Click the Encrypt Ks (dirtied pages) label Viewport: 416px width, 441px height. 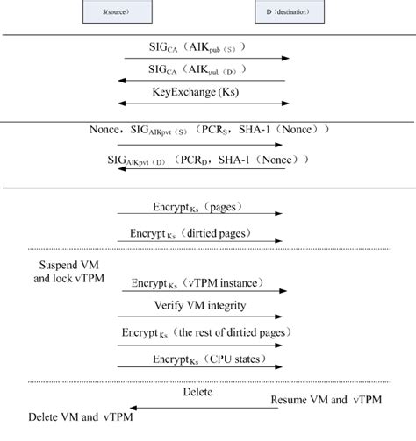pyautogui.click(x=200, y=234)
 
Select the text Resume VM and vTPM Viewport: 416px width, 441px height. pyautogui.click(x=317, y=401)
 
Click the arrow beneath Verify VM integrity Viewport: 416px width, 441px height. pyautogui.click(x=204, y=317)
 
